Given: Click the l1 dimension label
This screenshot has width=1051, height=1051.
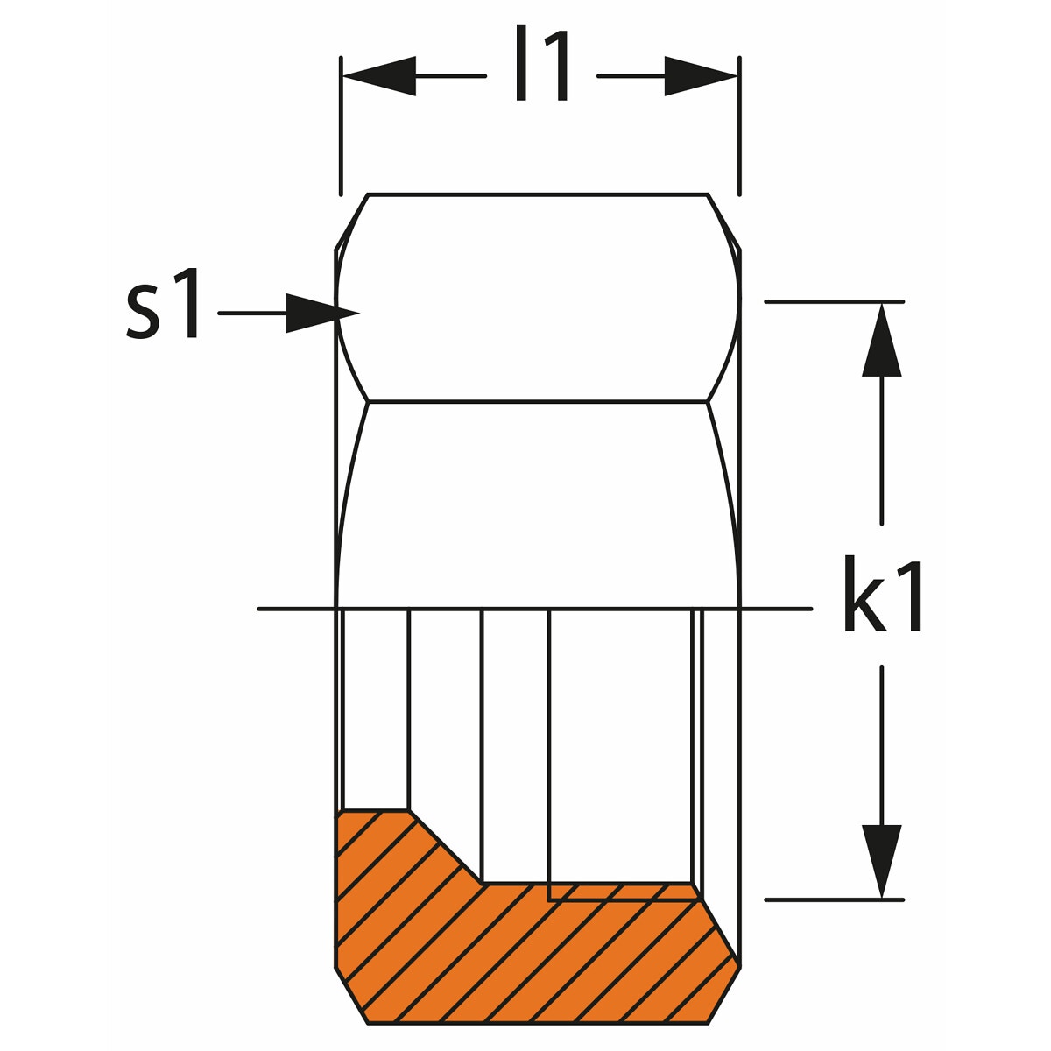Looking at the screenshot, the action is click(x=541, y=63).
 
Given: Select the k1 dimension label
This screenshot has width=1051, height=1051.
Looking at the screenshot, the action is click(x=883, y=594).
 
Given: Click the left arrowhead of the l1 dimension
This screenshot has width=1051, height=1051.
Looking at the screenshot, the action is click(x=379, y=76).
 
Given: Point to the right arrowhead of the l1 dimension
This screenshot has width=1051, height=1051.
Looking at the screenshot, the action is click(x=701, y=76).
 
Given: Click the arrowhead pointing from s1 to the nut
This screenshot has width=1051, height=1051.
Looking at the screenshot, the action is click(x=321, y=313).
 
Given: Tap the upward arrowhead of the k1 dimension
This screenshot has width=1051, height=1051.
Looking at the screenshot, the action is click(x=881, y=339).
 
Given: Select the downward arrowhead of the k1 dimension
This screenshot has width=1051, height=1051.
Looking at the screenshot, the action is click(x=881, y=861).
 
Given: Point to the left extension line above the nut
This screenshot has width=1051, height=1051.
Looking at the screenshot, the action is click(x=341, y=125).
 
